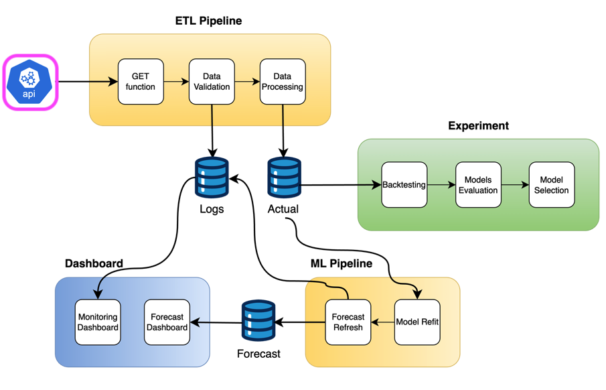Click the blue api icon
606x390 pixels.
click(x=29, y=82)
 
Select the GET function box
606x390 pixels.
click(x=141, y=82)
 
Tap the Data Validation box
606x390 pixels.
click(x=212, y=82)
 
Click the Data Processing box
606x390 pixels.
click(x=283, y=82)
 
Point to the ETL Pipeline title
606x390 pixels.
click(x=208, y=21)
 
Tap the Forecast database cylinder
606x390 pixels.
click(x=258, y=320)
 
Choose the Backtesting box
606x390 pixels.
click(x=404, y=185)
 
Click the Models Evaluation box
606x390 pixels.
click(x=478, y=185)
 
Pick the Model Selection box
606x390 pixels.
click(x=552, y=185)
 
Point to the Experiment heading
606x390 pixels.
click(x=478, y=126)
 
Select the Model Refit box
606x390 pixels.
click(x=417, y=322)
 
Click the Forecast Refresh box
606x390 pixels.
click(x=348, y=322)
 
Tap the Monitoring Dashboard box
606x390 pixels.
click(x=98, y=322)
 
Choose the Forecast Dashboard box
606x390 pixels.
click(x=167, y=322)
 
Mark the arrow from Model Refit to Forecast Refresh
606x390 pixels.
click(x=382, y=322)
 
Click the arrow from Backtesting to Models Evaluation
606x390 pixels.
click(x=441, y=185)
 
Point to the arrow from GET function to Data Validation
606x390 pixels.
click(x=176, y=82)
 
